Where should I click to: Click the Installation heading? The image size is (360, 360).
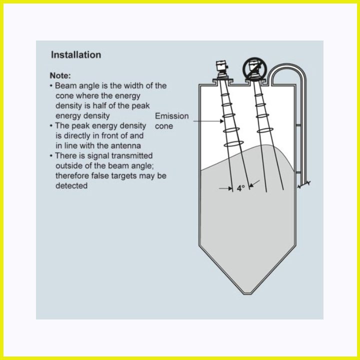[x=76, y=55]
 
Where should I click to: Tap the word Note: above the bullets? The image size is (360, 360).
[x=60, y=75]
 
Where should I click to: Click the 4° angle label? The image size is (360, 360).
[x=241, y=188]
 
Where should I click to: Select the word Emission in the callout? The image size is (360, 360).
[x=171, y=116]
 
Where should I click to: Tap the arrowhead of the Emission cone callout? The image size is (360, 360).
[x=222, y=121]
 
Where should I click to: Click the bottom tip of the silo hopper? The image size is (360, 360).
[x=247, y=293]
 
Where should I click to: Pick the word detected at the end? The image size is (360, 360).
[x=71, y=185]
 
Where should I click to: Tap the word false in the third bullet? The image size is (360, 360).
[x=100, y=175]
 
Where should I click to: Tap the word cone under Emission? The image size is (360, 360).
[x=164, y=126]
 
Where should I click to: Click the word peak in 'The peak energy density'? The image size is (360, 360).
[x=80, y=126]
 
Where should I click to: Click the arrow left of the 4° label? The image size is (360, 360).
[x=226, y=188]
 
